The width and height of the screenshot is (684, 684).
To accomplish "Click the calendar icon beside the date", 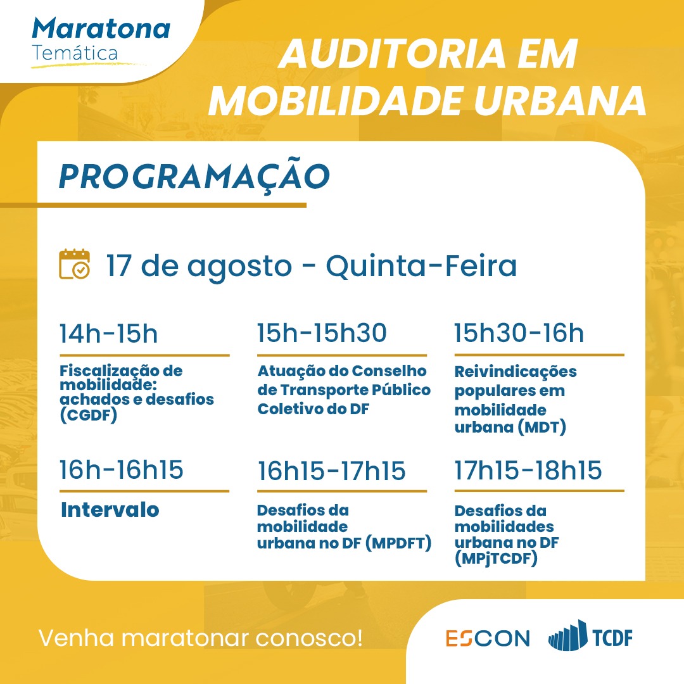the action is pyautogui.click(x=75, y=264).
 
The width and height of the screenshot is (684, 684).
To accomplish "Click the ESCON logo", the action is pyautogui.click(x=488, y=638).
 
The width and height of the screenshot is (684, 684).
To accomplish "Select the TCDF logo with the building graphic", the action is pyautogui.click(x=590, y=636).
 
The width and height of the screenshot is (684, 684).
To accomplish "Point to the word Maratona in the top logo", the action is pyautogui.click(x=101, y=28).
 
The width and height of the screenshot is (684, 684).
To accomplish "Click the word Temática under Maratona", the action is pyautogui.click(x=75, y=53).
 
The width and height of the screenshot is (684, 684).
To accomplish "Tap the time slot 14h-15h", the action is pyautogui.click(x=109, y=334).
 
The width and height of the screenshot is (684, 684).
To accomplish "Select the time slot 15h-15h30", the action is pyautogui.click(x=322, y=333).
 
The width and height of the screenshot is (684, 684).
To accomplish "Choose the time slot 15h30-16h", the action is pyautogui.click(x=519, y=333).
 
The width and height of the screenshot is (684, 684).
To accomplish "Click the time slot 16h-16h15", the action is pyautogui.click(x=121, y=470).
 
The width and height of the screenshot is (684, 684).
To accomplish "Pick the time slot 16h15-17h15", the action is pyautogui.click(x=331, y=471).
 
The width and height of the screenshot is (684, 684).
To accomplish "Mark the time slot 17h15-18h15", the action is pyautogui.click(x=528, y=470).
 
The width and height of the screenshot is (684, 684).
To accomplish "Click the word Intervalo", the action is pyautogui.click(x=110, y=509).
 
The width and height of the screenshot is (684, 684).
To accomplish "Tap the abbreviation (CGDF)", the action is pyautogui.click(x=89, y=415).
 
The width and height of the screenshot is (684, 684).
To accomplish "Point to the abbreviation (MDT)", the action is pyautogui.click(x=541, y=427).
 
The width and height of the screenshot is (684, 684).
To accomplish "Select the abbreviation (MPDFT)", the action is pyautogui.click(x=398, y=543).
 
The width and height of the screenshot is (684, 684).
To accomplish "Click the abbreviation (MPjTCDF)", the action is pyautogui.click(x=496, y=559).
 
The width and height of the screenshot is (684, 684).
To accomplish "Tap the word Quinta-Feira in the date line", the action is pyautogui.click(x=421, y=265).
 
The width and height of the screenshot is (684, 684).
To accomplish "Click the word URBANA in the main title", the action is pyautogui.click(x=560, y=101).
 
